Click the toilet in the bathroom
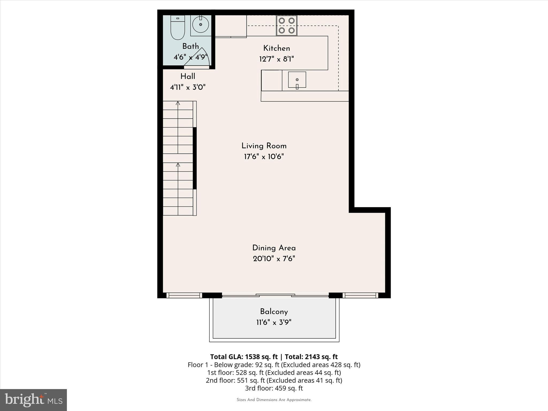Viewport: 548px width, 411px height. click(x=178, y=28)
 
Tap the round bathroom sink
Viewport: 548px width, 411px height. click(x=200, y=24)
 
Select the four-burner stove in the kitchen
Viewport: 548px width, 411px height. click(x=287, y=25)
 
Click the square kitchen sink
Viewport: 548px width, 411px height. click(x=297, y=79)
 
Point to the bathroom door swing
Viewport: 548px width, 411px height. click(x=197, y=58)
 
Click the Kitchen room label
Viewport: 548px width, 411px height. click(x=276, y=48)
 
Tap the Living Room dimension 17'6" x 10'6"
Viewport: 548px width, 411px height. click(x=264, y=157)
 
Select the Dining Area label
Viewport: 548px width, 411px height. click(x=274, y=248)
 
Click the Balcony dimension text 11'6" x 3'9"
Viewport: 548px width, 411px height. click(x=274, y=322)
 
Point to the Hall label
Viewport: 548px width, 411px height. click(x=188, y=77)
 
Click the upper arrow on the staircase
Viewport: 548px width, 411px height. click(x=178, y=104)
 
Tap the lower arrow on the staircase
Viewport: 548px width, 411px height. click(x=178, y=165)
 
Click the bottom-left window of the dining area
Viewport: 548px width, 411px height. click(x=184, y=295)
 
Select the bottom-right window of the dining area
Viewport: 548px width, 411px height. click(x=360, y=295)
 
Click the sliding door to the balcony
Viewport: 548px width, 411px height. click(x=275, y=295)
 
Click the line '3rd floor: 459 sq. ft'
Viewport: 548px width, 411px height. click(x=274, y=388)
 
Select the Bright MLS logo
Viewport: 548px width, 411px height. click(x=33, y=400)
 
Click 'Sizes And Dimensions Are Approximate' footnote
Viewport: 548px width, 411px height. click(x=274, y=400)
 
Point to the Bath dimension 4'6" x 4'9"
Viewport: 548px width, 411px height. click(x=191, y=57)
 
